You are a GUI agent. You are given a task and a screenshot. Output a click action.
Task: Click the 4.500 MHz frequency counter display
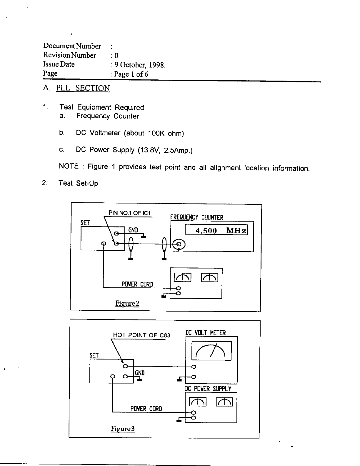(216, 230)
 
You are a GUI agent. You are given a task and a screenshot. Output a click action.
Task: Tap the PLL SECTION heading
(83, 88)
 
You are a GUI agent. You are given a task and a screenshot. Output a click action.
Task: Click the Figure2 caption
(127, 303)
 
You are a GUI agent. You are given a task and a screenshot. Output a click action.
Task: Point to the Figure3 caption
(123, 429)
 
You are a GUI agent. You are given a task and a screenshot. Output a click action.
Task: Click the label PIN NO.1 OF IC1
(130, 213)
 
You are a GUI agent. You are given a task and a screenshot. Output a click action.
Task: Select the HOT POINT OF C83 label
(141, 335)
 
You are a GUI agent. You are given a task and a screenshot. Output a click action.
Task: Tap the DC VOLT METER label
(206, 333)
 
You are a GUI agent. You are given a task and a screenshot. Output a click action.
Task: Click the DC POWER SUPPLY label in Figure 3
(208, 389)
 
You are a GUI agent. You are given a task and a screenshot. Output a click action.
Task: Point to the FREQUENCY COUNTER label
(197, 217)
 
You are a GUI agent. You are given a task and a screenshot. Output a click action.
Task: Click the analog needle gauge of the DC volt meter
(211, 350)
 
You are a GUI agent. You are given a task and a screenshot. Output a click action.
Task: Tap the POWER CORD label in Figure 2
(137, 284)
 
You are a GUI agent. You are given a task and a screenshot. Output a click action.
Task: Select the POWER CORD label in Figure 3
(146, 409)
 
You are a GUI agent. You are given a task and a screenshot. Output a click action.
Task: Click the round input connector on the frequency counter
(179, 244)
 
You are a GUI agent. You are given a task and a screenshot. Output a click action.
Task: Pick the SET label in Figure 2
(85, 223)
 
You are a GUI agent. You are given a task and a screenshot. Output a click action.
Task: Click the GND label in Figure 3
(140, 373)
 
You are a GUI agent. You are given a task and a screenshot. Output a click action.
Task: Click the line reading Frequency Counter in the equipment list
(107, 116)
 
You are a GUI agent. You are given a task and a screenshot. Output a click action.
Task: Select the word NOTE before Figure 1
(69, 167)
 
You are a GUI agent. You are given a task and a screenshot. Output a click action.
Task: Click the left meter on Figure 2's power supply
(183, 277)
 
